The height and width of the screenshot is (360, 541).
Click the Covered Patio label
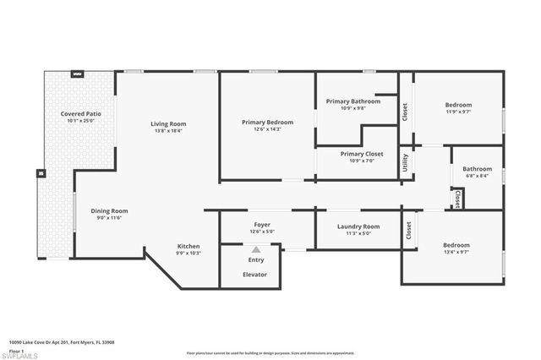pyautogui.click(x=80, y=113)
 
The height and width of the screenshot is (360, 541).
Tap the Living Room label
pyautogui.click(x=168, y=124)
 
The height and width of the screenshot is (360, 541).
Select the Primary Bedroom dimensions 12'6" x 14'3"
pyautogui.click(x=267, y=129)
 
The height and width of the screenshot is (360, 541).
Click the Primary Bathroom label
pyautogui.click(x=353, y=101)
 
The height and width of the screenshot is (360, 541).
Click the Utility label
pyautogui.click(x=406, y=161)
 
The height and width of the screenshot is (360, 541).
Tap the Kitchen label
pyautogui.click(x=189, y=246)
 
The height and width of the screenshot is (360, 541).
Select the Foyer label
pyautogui.click(x=260, y=226)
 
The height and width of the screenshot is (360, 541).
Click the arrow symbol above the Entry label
pyautogui.click(x=255, y=249)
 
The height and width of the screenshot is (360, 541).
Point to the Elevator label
pyautogui.click(x=255, y=275)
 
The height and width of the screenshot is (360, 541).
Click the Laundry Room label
pyautogui.click(x=358, y=226)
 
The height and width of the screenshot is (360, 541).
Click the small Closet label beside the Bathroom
pyautogui.click(x=457, y=199)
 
